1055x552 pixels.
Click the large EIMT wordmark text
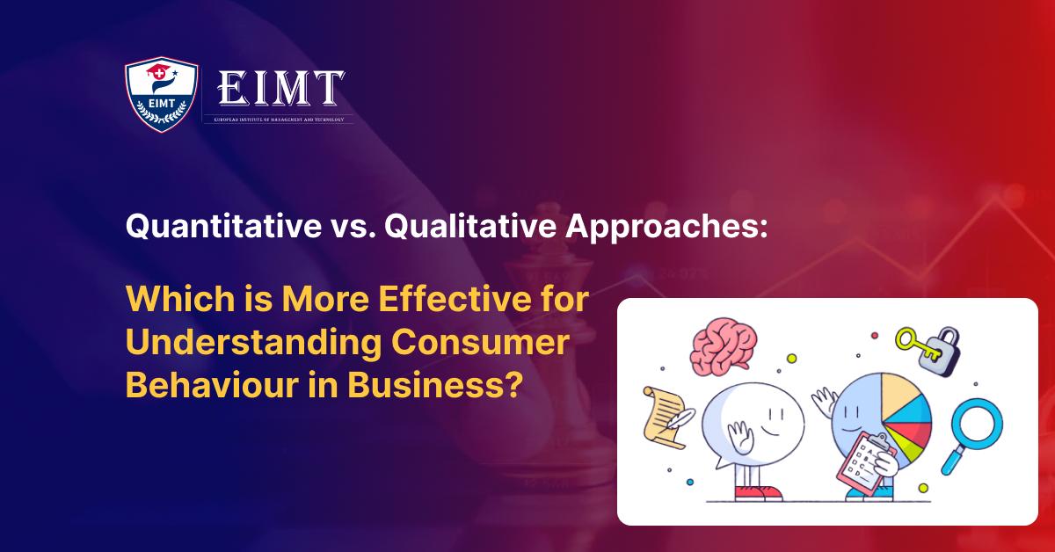pos(280,88)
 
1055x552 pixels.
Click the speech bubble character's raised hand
pos(738,437)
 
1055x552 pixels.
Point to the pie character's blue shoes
pos(866,496)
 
